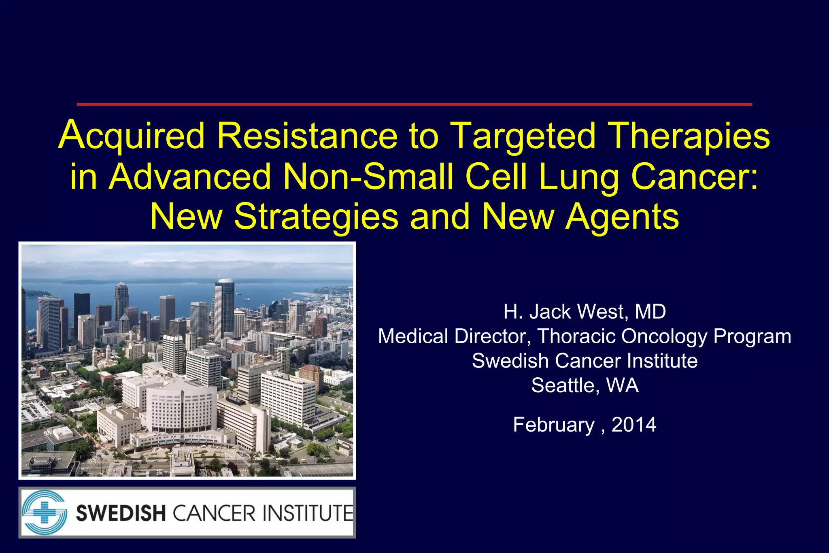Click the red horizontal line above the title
414,104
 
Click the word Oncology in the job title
664,336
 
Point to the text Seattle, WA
585,385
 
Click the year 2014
633,425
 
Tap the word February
553,425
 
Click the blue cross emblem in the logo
44,513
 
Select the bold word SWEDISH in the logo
121,513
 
